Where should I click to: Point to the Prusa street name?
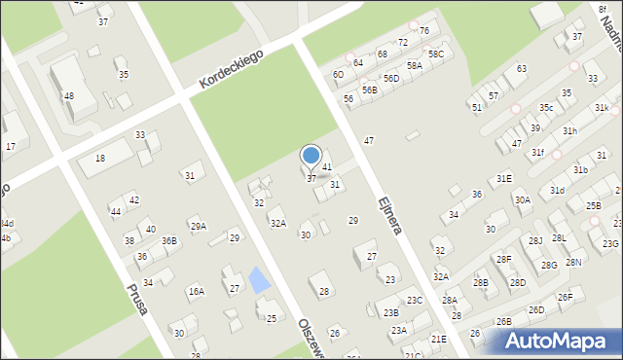tap(136, 298)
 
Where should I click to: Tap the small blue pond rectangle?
tap(259, 281)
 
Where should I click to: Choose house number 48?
tap(68, 95)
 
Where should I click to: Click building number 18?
tap(99, 158)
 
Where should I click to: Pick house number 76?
tap(424, 31)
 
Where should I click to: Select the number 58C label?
tap(436, 54)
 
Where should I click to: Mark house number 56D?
tap(390, 78)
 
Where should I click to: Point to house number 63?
tap(522, 68)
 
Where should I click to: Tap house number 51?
tap(477, 107)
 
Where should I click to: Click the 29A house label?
tap(198, 227)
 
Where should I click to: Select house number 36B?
tap(169, 240)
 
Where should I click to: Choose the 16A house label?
tap(197, 290)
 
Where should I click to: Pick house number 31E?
tap(503, 179)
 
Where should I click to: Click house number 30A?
tap(523, 199)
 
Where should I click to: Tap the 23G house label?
tap(610, 244)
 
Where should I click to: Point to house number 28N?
tap(573, 263)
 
